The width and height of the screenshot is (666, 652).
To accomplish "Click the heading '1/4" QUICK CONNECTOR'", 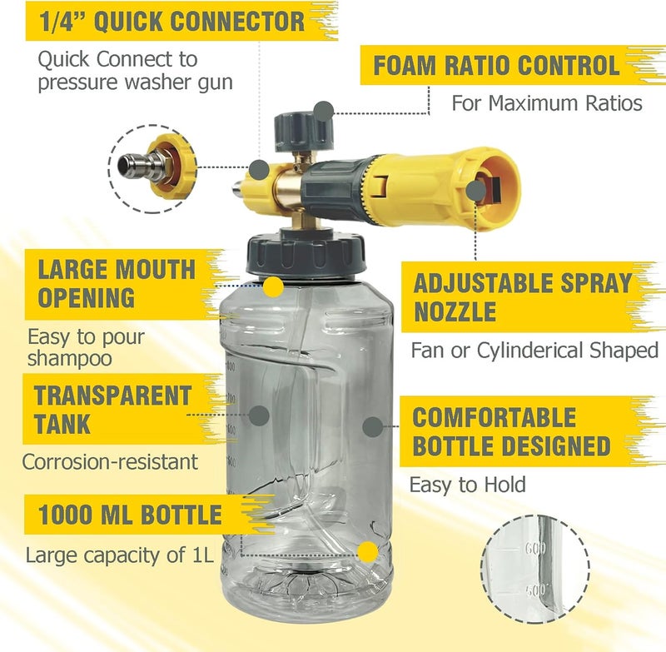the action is click(171, 22).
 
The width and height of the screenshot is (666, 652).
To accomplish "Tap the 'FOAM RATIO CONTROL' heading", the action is click(496, 66).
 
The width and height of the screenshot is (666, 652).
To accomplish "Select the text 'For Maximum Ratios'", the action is click(547, 103).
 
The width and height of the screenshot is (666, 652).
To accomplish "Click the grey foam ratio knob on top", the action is click(302, 131).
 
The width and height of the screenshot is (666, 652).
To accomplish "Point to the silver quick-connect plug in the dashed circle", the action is click(137, 163).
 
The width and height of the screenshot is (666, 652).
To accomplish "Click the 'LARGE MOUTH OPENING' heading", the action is click(117, 283).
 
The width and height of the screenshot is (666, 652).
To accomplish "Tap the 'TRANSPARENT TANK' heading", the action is click(112, 409).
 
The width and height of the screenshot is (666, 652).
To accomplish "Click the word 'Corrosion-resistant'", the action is click(110, 462).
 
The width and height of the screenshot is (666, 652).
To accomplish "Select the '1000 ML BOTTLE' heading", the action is click(130, 515).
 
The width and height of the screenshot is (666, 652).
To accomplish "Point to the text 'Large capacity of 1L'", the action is click(119, 555).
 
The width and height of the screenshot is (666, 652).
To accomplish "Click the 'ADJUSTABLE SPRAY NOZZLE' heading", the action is click(523, 297).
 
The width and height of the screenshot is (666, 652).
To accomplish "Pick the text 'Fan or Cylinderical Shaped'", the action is click(534, 351).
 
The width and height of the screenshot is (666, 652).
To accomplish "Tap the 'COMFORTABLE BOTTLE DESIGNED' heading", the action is click(511, 431).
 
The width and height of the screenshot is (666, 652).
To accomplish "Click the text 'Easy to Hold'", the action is click(468, 485).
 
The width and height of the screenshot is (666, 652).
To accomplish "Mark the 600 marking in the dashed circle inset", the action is click(535, 549).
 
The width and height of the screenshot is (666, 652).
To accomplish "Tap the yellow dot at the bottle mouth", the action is click(273, 287).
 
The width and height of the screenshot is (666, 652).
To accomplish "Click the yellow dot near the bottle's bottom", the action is click(368, 552).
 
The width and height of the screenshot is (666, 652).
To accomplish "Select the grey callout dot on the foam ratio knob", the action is click(324, 112).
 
